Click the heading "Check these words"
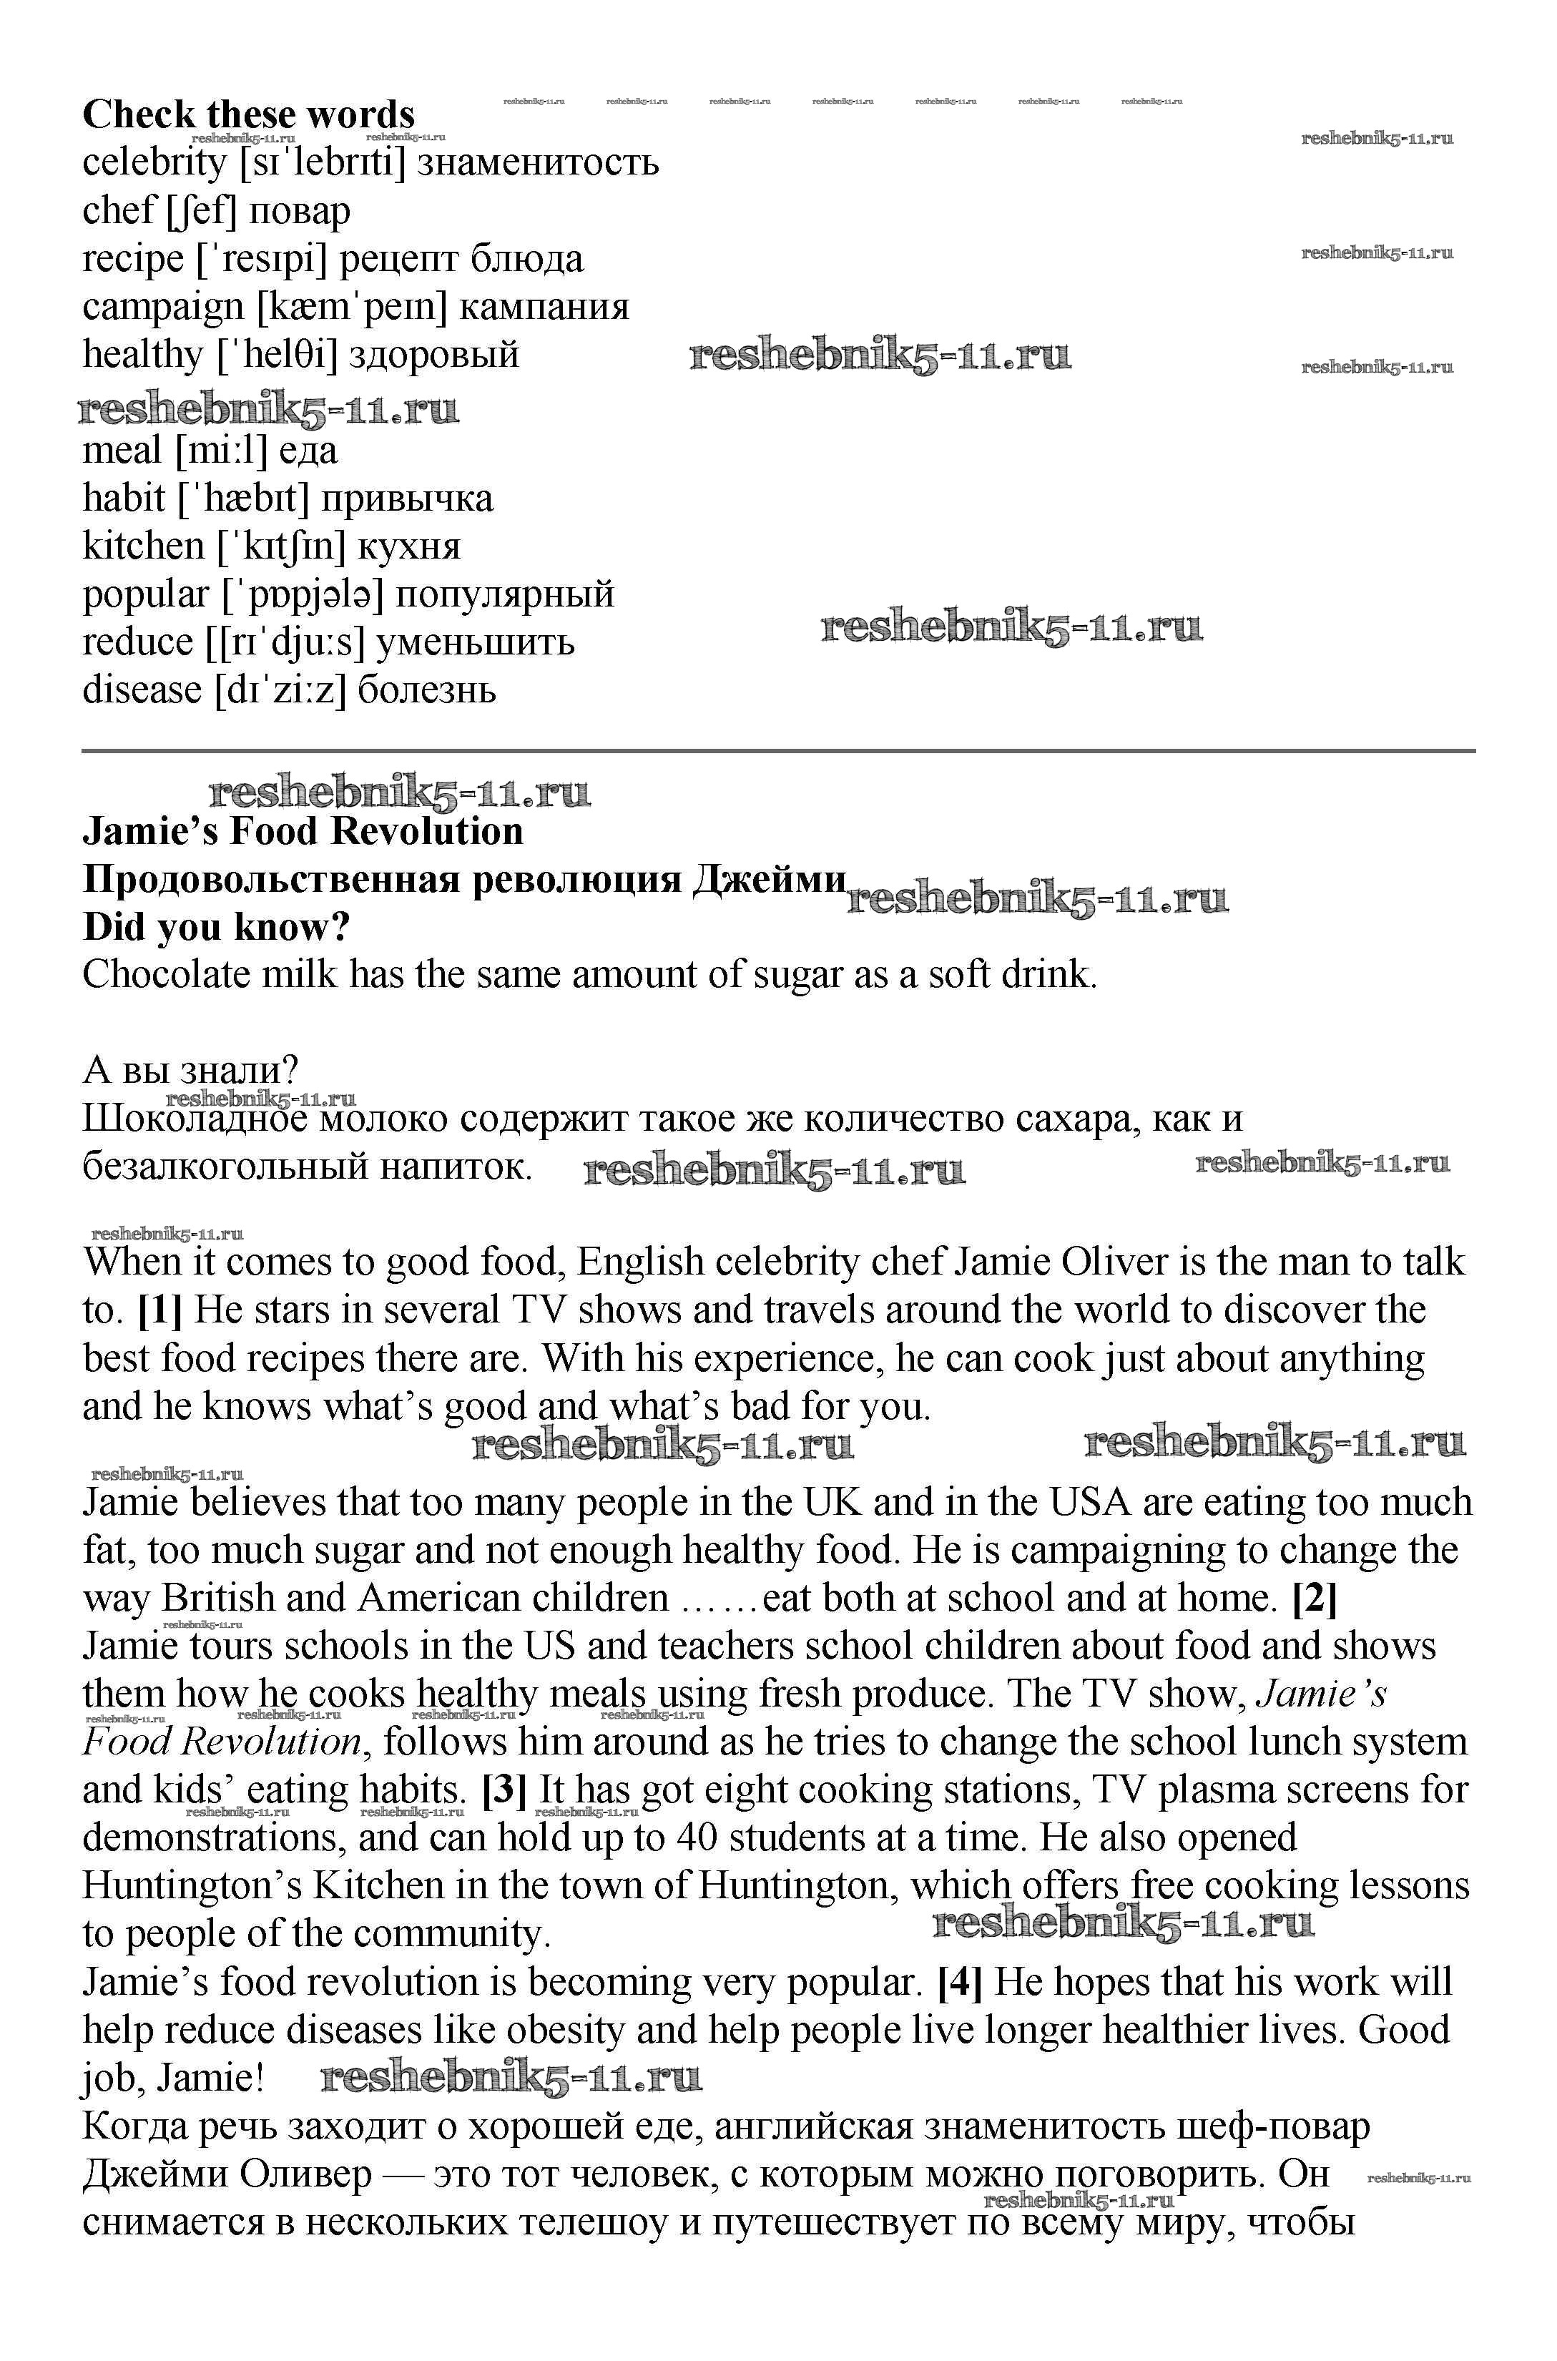click(248, 114)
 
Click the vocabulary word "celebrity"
click(154, 162)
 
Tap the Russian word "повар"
click(299, 210)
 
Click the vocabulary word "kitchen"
click(143, 546)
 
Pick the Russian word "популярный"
click(504, 594)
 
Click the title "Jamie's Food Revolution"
click(303, 832)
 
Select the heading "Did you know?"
click(217, 928)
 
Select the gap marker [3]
click(504, 1790)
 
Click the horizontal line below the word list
click(778, 750)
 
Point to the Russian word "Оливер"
click(304, 2174)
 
